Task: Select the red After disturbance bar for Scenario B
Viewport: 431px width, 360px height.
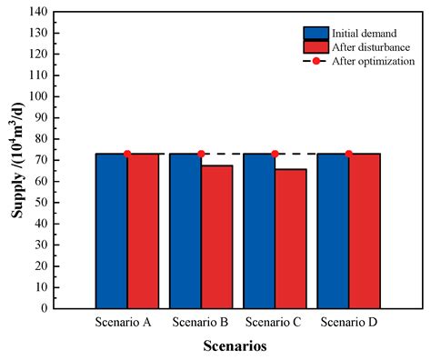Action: (216, 236)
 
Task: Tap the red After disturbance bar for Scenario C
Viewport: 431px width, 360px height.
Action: (290, 238)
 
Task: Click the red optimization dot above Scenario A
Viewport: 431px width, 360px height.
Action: (127, 154)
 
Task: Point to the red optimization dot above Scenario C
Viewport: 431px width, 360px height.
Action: (275, 154)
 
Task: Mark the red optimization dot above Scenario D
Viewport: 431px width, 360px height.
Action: (348, 154)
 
